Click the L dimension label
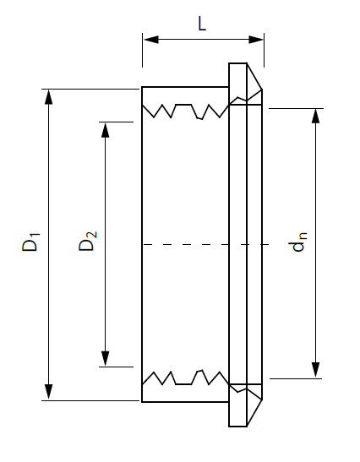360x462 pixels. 202,24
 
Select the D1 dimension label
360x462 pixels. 30,242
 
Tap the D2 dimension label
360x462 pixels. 88,242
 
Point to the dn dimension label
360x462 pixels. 299,242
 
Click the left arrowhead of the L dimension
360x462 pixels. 150,40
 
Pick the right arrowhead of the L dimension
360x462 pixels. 256,40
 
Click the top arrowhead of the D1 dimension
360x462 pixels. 49,97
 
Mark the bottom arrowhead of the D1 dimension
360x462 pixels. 49,392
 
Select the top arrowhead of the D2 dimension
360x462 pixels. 106,130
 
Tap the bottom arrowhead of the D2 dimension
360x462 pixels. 106,359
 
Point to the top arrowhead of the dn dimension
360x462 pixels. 316,116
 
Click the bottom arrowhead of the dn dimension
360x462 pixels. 316,371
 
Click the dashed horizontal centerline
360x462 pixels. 205,244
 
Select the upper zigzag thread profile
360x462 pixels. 185,111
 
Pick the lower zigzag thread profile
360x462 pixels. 185,378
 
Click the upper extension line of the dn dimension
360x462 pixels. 296,108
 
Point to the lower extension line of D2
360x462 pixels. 116,367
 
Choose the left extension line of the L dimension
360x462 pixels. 143,50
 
